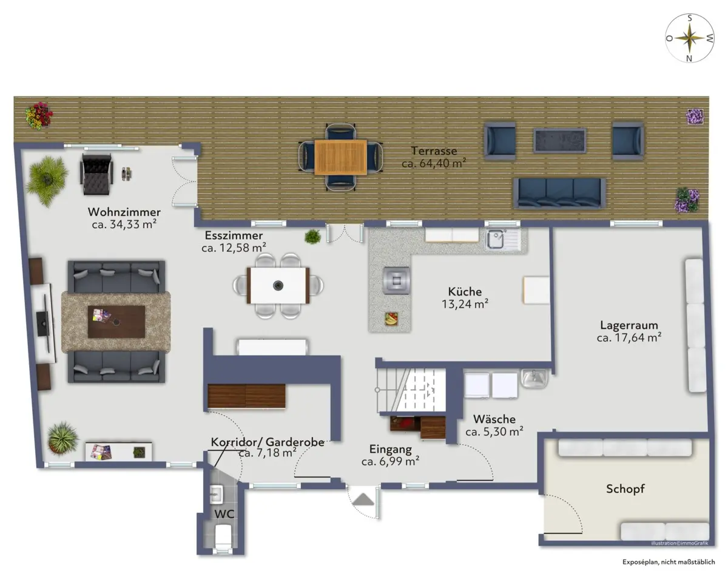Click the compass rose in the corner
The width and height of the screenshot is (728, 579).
point(690,38)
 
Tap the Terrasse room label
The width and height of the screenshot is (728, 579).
point(434,151)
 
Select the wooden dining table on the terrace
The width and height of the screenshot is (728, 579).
point(341,157)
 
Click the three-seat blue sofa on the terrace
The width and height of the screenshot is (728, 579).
point(559,193)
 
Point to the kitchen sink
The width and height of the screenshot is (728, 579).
point(503,239)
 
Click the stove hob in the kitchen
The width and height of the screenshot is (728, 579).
point(397,280)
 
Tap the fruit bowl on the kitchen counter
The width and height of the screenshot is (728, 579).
point(391,319)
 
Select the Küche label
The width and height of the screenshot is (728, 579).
point(465,291)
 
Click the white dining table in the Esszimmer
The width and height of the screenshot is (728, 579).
point(278,286)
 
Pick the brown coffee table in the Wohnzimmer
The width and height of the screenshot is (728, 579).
point(116,322)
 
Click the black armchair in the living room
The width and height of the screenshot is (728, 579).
point(96,174)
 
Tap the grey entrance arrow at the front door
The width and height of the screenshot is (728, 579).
point(363,499)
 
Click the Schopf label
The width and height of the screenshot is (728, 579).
point(625,489)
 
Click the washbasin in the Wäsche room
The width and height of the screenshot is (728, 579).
point(534,378)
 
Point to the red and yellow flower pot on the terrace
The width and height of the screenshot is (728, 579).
point(39,116)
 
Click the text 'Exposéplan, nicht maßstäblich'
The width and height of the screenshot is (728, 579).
point(669,562)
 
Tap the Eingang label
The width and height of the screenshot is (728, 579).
point(390,449)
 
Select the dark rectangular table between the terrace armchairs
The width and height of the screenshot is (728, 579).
point(559,140)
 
